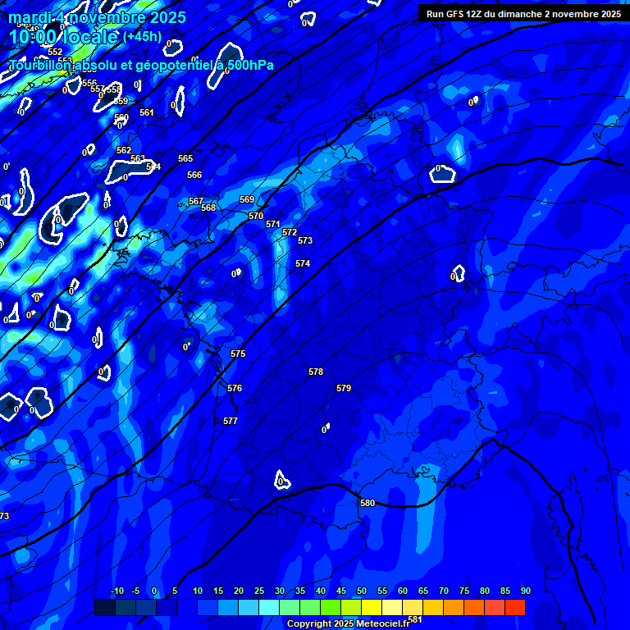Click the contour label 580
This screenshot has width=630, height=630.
tap(367, 503)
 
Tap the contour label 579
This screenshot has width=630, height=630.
tap(344, 388)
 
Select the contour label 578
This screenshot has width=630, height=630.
tap(316, 372)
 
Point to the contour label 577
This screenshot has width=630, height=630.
tap(231, 421)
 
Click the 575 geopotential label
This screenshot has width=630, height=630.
tap(238, 354)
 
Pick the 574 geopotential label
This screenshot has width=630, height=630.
tap(303, 263)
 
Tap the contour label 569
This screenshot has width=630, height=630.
tap(247, 199)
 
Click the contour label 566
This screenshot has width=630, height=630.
tap(194, 175)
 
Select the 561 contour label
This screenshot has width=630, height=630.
tap(147, 112)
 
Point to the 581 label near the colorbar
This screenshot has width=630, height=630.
tap(414, 619)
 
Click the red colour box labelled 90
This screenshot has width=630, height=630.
tap(515, 607)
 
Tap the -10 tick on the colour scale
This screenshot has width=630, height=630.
tap(117, 591)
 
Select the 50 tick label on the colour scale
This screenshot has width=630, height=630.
tap(362, 591)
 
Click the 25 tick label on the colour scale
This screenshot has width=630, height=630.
tap(259, 591)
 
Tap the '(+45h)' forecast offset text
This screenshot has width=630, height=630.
tap(142, 36)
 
